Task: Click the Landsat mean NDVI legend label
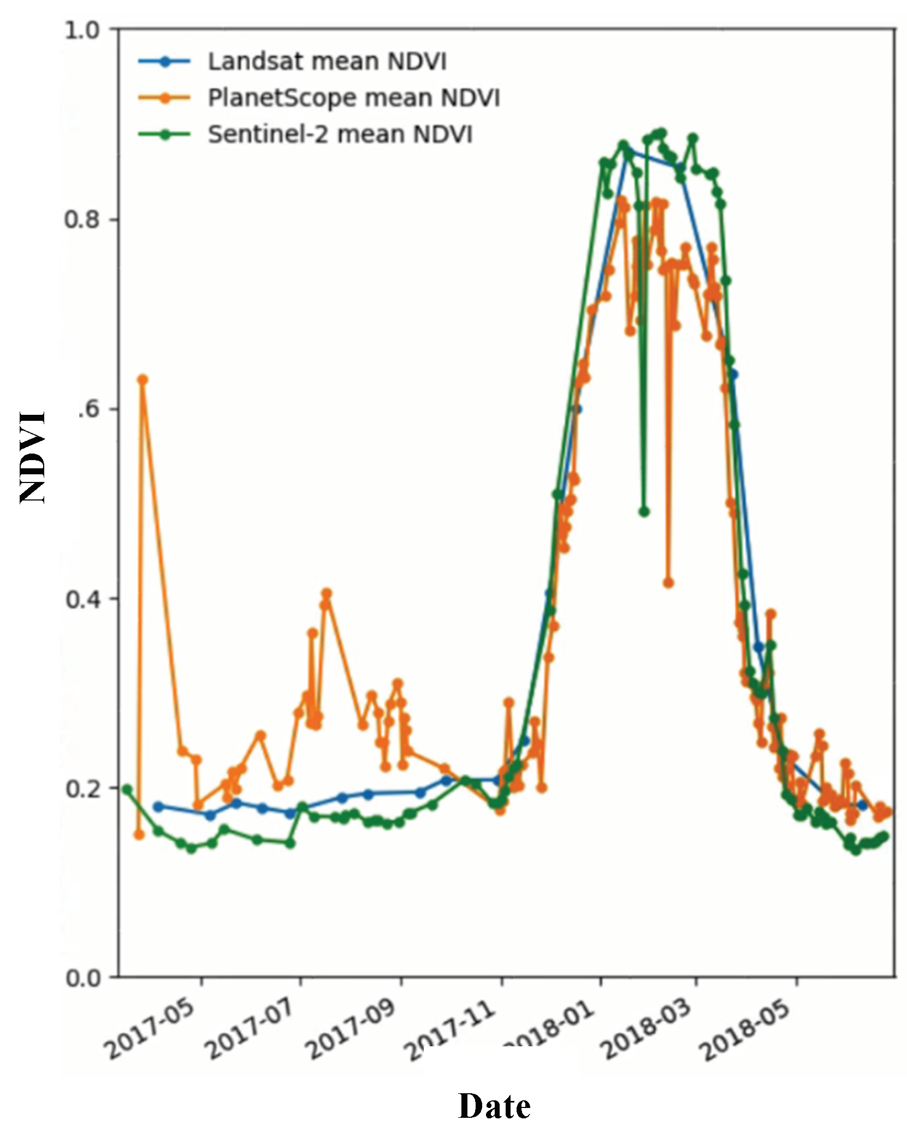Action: coord(327,62)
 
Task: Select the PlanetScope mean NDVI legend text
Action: coord(353,98)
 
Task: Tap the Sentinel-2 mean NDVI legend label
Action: coord(340,134)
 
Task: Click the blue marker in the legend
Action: coord(164,62)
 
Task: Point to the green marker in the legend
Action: coord(164,134)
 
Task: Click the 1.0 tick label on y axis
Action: coord(82,30)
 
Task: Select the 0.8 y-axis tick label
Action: coord(82,220)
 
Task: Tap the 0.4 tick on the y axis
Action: coord(82,599)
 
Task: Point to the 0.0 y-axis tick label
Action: coord(82,978)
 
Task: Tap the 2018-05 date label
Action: coord(745,1029)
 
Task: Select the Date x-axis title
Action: coord(494,1106)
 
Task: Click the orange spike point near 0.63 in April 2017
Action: coord(143,379)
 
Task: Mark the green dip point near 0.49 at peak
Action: coord(644,512)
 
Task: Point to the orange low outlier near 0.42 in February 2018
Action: coord(668,583)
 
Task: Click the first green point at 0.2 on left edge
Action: coord(127,790)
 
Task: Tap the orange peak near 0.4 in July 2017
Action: coord(327,593)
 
